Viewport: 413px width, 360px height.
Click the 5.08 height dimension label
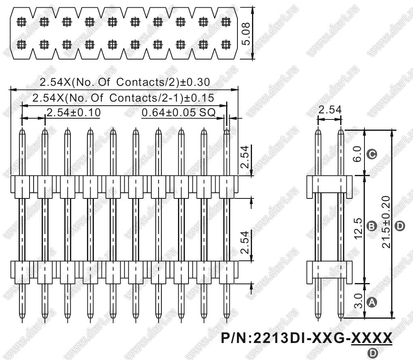246,34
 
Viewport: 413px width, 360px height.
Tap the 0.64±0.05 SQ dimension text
178,113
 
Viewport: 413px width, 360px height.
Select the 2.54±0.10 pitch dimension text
74,113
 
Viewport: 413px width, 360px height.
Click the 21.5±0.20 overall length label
386,222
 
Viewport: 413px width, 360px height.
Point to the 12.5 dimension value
358,228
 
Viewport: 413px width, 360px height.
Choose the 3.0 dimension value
358,301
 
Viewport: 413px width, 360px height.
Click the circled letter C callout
372,154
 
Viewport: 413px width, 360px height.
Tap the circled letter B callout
372,226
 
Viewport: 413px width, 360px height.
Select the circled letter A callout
372,302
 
